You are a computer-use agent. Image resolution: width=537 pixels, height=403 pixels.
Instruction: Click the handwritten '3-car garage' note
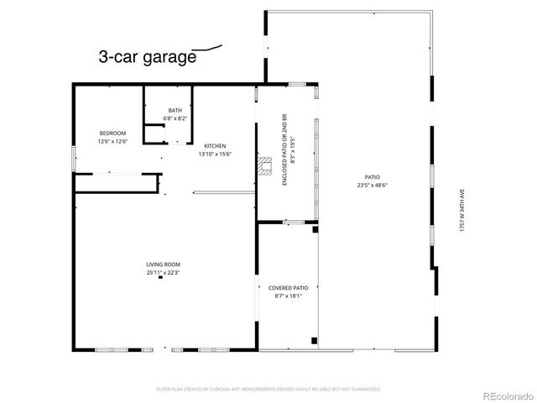click(147, 58)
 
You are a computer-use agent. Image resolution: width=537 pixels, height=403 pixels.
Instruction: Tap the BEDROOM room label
click(112, 133)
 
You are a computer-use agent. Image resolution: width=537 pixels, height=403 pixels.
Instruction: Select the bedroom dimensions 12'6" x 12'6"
click(112, 141)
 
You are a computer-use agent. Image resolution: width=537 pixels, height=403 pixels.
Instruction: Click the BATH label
click(175, 111)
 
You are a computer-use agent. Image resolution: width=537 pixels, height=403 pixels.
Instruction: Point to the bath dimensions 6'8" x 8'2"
click(175, 118)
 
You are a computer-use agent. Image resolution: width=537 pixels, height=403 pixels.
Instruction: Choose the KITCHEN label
click(214, 146)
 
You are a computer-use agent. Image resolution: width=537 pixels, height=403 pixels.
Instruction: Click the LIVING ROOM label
click(163, 264)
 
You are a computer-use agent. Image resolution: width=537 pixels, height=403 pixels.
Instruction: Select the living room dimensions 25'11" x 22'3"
click(163, 273)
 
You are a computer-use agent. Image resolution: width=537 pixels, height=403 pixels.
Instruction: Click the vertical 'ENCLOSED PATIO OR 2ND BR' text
click(284, 149)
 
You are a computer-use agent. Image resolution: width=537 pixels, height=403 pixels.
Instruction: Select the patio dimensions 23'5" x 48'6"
click(373, 186)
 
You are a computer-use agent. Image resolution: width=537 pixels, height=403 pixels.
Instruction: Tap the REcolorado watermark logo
click(504, 393)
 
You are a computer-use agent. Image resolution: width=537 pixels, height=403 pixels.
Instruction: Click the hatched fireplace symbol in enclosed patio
click(265, 164)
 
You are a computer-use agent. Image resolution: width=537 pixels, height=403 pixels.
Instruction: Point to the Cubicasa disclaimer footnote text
click(268, 390)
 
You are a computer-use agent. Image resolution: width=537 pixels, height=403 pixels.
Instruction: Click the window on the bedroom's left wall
click(74, 157)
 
